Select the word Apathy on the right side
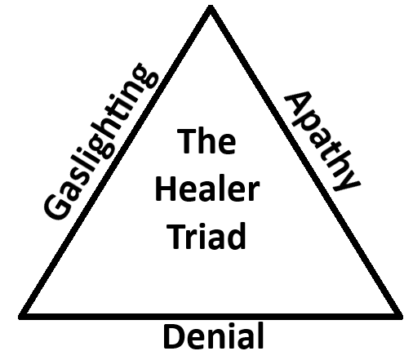click(321, 140)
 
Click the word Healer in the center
click(207, 190)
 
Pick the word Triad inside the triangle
click(207, 236)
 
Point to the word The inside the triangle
click(207, 144)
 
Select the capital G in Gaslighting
click(56, 207)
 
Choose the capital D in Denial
click(173, 337)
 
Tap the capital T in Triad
click(175, 236)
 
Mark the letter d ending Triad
click(237, 236)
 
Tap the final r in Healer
click(253, 193)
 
